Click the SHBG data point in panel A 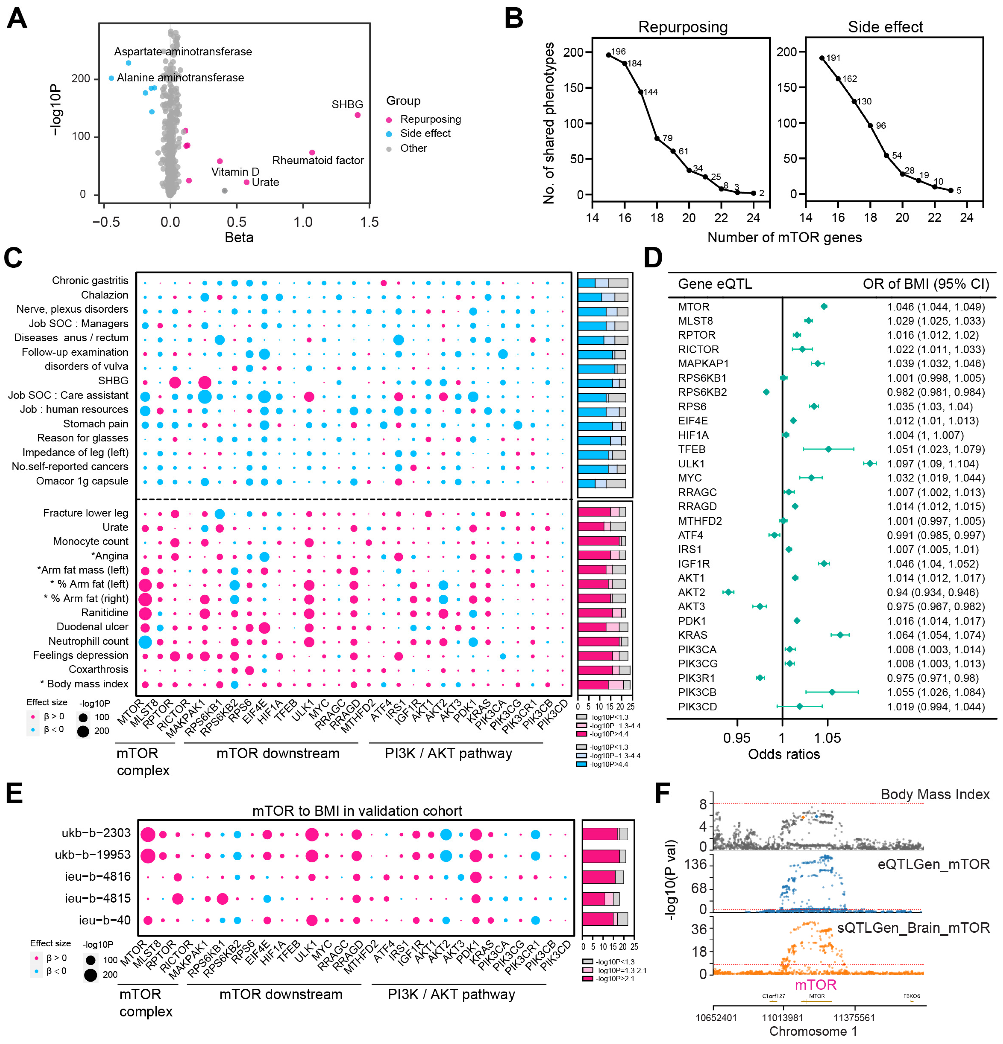tap(357, 115)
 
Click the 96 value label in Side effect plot tap(880, 126)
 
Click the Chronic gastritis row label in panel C tap(90, 281)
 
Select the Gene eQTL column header tap(715, 284)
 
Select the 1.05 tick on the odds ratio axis tap(828, 738)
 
